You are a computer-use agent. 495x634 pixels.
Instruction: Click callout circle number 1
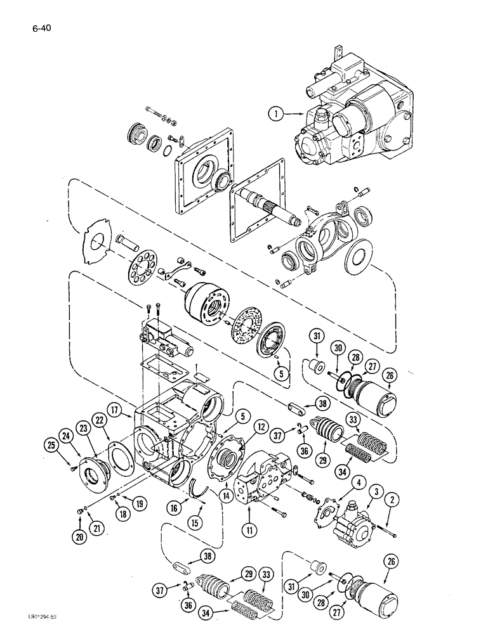pyautogui.click(x=274, y=115)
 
